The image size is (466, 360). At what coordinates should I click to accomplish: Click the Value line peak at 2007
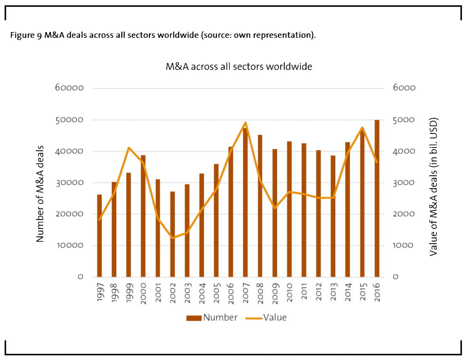[245, 123]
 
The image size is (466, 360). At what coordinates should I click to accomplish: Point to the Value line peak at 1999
[129, 147]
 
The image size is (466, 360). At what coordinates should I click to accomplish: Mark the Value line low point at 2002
[173, 238]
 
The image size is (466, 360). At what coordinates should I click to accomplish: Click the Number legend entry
[212, 318]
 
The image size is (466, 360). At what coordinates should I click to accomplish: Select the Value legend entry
[266, 318]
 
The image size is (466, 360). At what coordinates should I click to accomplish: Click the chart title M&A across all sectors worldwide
[239, 67]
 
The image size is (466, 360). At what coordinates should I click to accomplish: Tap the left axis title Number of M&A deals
[40, 194]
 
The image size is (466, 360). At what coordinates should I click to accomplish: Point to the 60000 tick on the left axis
[69, 88]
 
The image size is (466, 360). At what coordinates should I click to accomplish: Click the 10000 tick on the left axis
[70, 245]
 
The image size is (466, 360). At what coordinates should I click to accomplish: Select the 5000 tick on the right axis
[403, 120]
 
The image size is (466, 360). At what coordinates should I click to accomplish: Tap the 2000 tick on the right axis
[403, 214]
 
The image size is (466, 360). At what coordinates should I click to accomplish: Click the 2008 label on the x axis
[260, 293]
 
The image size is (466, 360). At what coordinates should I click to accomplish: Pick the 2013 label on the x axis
[333, 292]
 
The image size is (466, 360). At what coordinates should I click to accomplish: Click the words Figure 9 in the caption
[26, 35]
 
